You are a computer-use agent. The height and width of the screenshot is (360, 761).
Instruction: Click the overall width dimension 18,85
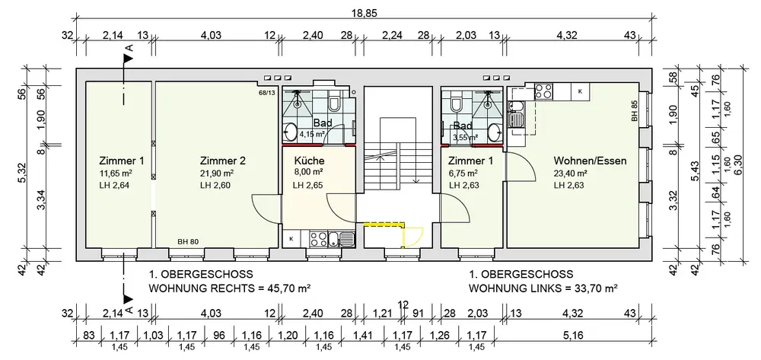point(364,13)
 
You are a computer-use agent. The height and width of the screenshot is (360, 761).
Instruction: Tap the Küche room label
point(309,161)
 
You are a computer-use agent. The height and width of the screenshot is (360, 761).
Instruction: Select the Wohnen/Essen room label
point(591,161)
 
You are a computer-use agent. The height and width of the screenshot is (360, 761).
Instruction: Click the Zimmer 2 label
point(223,161)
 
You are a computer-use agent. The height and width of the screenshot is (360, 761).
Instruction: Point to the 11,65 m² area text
point(117,174)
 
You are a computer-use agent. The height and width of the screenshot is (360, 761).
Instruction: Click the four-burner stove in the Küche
point(318,238)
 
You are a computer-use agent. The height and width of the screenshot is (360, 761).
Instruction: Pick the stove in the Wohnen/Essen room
point(543,91)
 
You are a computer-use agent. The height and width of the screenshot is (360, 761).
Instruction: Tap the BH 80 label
point(188,241)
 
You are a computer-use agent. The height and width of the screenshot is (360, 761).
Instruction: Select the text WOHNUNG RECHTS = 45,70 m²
point(230,288)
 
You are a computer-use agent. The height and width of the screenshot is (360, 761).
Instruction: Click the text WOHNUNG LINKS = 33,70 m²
point(543,288)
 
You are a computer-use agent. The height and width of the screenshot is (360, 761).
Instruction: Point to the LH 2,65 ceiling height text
point(309,185)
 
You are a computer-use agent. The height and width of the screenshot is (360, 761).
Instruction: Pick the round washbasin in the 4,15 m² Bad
point(291,132)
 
